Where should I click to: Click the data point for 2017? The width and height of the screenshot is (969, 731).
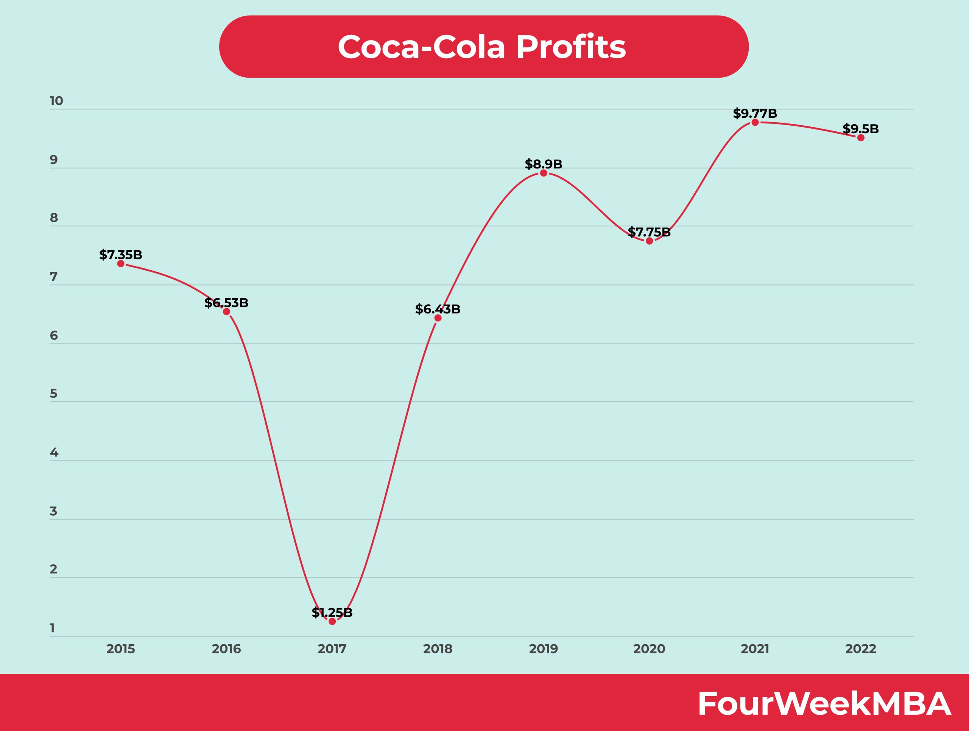(x=332, y=621)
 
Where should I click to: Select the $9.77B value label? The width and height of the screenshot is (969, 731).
(x=755, y=114)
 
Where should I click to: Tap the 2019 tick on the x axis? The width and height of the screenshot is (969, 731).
(x=543, y=648)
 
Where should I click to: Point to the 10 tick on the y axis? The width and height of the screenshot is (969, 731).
(x=56, y=101)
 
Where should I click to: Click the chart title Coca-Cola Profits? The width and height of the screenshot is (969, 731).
(x=482, y=47)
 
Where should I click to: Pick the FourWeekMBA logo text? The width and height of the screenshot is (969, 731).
(x=824, y=704)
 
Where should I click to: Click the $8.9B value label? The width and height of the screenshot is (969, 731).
(x=543, y=164)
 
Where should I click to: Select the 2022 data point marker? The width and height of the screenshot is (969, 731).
(x=861, y=138)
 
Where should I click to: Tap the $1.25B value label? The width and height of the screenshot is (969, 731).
(x=332, y=612)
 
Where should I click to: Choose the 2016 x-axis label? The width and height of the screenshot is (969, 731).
(x=226, y=648)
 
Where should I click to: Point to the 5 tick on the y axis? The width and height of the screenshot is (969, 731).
(x=53, y=394)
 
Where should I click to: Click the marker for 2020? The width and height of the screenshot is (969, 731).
(x=649, y=241)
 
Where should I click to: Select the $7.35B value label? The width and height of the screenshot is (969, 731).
(x=120, y=254)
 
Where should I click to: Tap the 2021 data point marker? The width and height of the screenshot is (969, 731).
(x=755, y=123)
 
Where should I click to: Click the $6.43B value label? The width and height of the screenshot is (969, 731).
(x=438, y=309)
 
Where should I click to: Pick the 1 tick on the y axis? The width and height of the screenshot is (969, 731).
(x=52, y=628)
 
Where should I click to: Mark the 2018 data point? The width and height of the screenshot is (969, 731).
(x=438, y=318)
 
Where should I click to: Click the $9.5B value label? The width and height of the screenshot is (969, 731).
(x=860, y=129)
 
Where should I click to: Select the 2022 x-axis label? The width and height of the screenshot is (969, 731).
(x=860, y=648)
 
